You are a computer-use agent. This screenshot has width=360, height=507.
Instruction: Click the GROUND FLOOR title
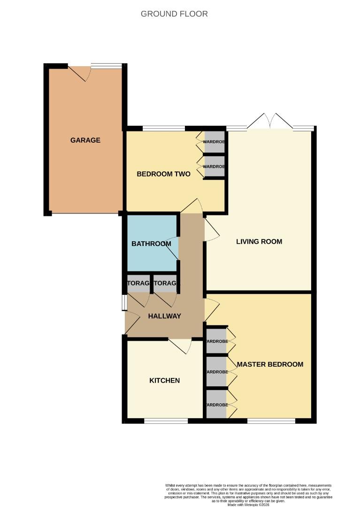(174, 14)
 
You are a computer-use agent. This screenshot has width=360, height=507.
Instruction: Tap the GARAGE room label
(85, 140)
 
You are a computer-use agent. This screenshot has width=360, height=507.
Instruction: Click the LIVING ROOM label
(259, 242)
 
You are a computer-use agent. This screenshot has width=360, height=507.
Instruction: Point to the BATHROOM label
(151, 244)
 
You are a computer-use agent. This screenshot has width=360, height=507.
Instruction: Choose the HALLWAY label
(164, 316)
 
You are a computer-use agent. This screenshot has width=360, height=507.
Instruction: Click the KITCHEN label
(164, 380)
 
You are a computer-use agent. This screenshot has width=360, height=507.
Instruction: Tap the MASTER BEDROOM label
(270, 364)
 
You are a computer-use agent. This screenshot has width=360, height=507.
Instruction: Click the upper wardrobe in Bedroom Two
(214, 142)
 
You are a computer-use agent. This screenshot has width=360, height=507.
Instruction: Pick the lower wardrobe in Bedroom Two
(214, 167)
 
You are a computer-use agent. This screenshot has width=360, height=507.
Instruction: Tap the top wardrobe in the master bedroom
(216, 340)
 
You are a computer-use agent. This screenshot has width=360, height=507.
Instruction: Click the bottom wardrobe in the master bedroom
(216, 405)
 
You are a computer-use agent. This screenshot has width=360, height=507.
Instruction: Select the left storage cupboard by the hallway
(138, 284)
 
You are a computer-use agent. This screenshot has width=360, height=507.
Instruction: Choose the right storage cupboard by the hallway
(165, 284)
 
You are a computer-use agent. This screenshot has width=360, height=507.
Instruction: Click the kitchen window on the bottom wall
(166, 421)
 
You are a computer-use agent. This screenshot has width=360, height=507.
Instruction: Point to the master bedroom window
(271, 421)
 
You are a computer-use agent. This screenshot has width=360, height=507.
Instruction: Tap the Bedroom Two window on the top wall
(163, 128)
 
